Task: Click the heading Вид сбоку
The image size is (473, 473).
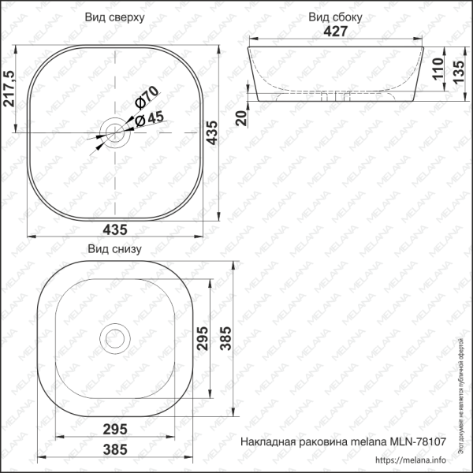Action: (x=335, y=16)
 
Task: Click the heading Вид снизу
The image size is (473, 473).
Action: (x=114, y=250)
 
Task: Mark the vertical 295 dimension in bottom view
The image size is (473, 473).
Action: (x=202, y=339)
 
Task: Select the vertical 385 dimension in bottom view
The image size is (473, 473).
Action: (x=225, y=338)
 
